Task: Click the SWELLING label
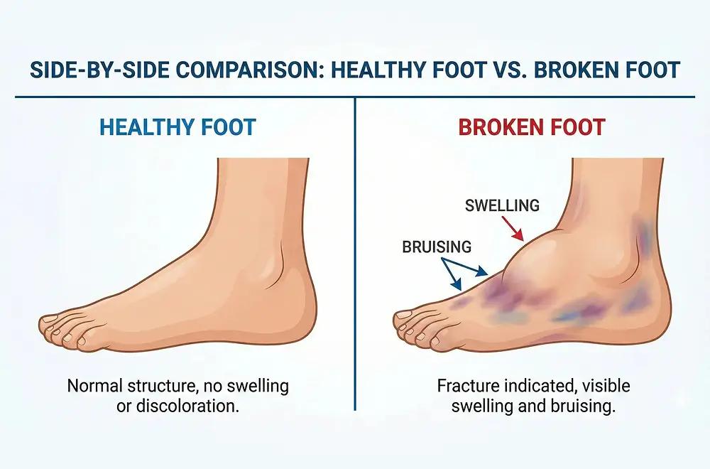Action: pyautogui.click(x=502, y=206)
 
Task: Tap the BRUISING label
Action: pyautogui.click(x=437, y=247)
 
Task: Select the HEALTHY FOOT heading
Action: pyautogui.click(x=177, y=128)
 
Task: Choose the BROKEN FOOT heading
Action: pyautogui.click(x=532, y=128)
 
